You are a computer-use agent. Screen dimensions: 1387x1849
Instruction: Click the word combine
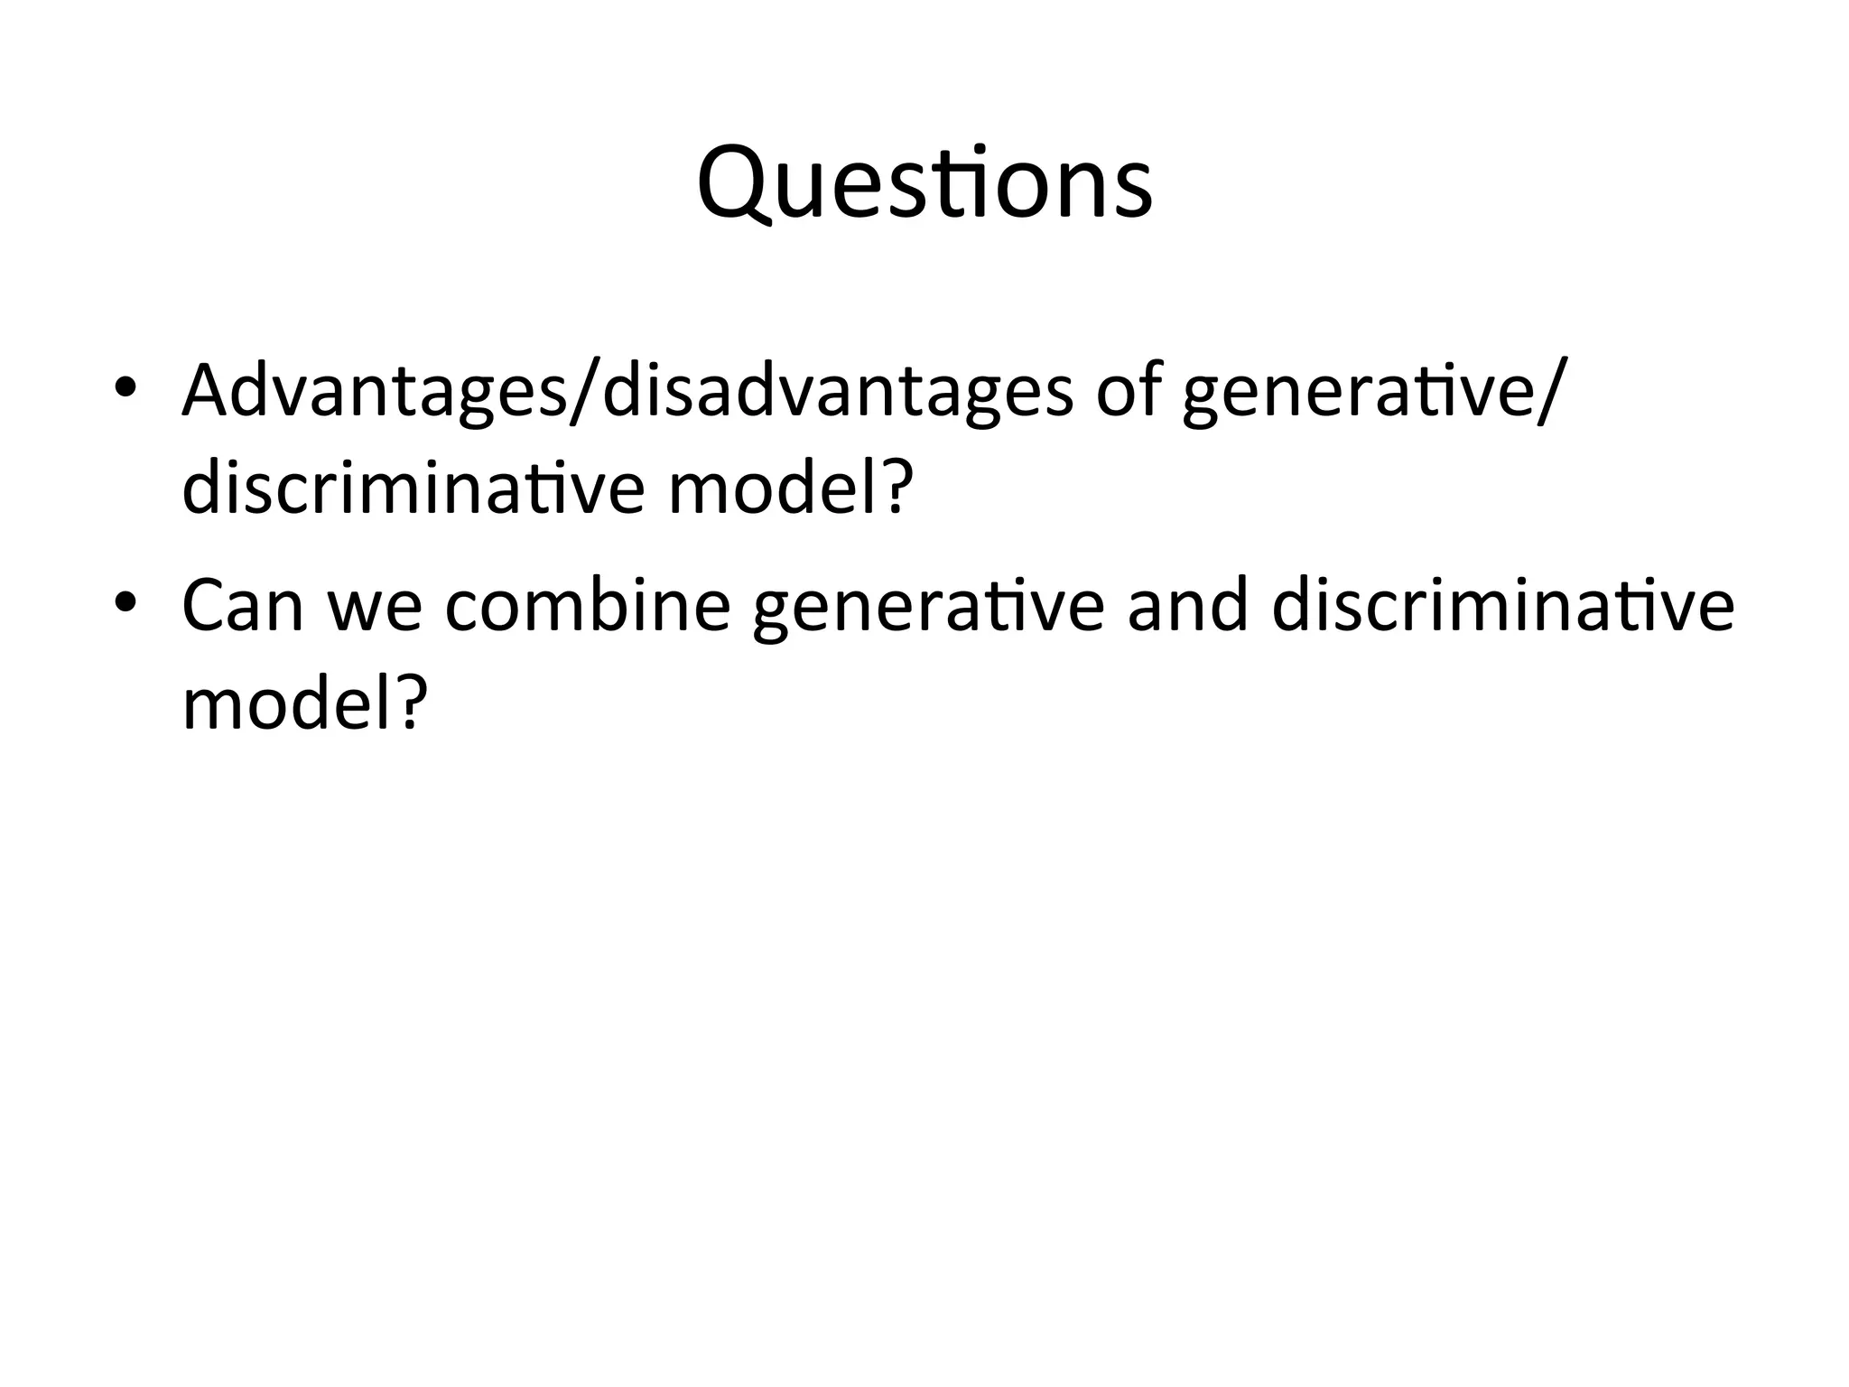(588, 606)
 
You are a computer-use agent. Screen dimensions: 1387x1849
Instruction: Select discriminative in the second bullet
(1502, 606)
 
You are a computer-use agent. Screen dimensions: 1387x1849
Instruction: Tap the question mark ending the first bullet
(895, 489)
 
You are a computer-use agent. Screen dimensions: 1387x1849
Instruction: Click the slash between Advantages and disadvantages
(585, 391)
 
